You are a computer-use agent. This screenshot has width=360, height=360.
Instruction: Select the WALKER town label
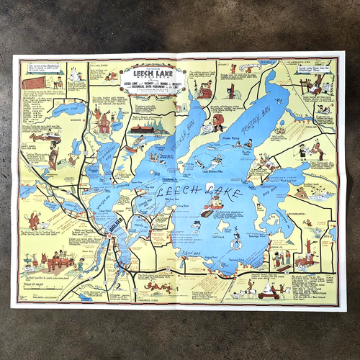(111, 222)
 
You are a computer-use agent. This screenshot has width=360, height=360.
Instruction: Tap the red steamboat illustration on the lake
(208, 211)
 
